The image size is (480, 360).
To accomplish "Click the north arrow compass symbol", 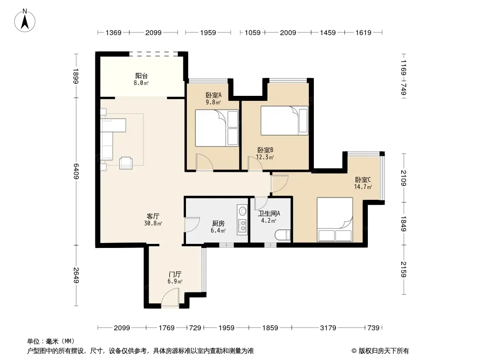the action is pyautogui.click(x=25, y=21).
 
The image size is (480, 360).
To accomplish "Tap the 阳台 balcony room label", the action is pyautogui.click(x=141, y=76).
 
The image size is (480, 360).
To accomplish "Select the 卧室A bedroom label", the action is pyautogui.click(x=213, y=95).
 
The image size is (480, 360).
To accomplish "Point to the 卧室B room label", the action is pyautogui.click(x=265, y=150).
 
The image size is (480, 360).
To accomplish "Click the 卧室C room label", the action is pyautogui.click(x=363, y=180).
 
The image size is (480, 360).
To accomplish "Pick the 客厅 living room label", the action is pyautogui.click(x=153, y=216).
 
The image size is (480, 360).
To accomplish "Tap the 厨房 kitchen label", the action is pyautogui.click(x=218, y=223).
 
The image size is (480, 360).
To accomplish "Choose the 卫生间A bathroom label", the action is pyautogui.click(x=269, y=213).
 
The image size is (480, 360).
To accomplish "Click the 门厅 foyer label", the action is pyautogui.click(x=175, y=274).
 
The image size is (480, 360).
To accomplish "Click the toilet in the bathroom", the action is pyautogui.click(x=282, y=235).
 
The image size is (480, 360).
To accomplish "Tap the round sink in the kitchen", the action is pyautogui.click(x=242, y=211).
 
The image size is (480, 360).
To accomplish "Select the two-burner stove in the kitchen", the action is pyautogui.click(x=243, y=226).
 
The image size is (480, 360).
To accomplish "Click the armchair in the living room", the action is pyautogui.click(x=126, y=162).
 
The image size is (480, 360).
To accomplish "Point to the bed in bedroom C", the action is pyautogui.click(x=335, y=219).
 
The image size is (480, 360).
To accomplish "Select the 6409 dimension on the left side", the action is pyautogui.click(x=76, y=171).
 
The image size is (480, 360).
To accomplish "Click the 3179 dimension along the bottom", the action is pyautogui.click(x=328, y=328).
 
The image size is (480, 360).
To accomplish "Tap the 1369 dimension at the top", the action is pyautogui.click(x=113, y=32).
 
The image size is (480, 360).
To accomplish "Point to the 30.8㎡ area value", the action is pyautogui.click(x=153, y=223).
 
